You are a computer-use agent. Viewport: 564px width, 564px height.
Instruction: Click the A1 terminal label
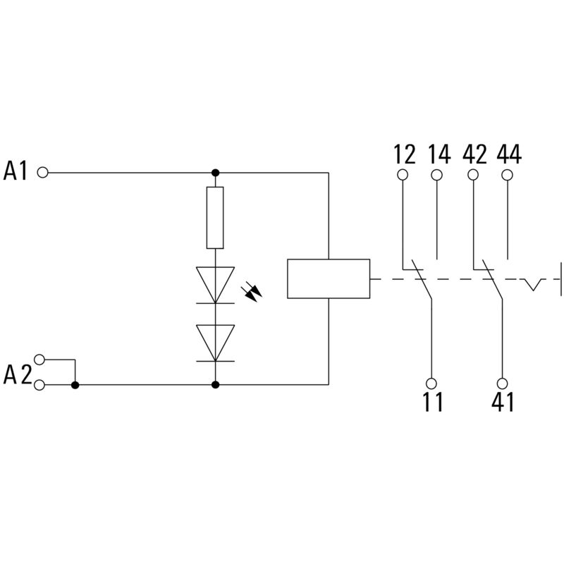point(16,171)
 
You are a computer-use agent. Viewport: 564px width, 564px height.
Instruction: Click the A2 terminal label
point(17,374)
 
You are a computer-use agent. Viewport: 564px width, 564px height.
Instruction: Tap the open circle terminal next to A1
point(42,172)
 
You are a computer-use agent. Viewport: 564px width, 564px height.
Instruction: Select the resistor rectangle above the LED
point(215,218)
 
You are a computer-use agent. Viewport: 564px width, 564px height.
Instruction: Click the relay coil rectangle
point(329,279)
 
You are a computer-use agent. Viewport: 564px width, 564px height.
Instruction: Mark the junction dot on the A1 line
point(215,172)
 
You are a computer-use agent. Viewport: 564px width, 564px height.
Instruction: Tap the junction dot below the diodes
point(215,385)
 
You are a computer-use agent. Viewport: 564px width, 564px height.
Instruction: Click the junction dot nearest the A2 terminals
point(75,385)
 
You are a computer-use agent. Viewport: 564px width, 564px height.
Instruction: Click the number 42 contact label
point(474,154)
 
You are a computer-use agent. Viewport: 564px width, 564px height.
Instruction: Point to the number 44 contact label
point(508,154)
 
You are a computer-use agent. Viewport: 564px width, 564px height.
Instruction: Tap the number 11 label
point(432,403)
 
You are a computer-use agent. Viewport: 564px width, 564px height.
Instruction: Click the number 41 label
point(501,403)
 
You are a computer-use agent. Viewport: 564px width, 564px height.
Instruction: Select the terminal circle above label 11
point(431,383)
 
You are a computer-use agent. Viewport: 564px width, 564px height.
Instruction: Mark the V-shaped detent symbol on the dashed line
point(534,284)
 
